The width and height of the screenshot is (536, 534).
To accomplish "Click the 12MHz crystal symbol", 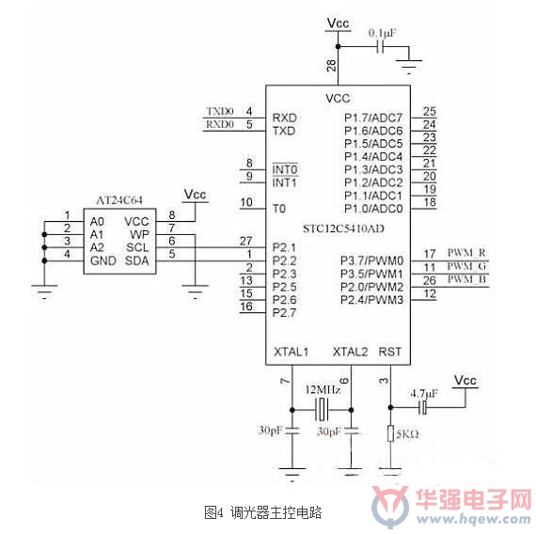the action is point(322,410).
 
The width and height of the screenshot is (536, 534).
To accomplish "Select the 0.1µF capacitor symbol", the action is point(380,46).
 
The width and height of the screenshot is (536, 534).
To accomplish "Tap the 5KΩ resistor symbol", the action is point(391,433).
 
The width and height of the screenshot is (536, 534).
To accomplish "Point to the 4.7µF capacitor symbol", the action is point(423,407).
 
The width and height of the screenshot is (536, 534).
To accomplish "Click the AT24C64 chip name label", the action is point(119,200).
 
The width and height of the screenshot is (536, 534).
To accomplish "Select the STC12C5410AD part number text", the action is point(343,228).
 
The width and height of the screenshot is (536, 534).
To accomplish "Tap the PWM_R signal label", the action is point(466,253).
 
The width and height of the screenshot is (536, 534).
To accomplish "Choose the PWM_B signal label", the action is point(466,279).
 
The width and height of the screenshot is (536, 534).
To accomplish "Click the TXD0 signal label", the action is point(220,112).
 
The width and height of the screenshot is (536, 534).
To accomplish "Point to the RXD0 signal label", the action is point(220,124).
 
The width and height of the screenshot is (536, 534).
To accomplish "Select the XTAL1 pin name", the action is point(291,352).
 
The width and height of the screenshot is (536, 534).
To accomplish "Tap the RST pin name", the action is point(390,352).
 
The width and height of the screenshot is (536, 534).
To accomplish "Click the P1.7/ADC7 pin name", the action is point(373,118).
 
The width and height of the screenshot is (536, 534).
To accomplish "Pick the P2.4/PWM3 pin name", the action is point(372,300).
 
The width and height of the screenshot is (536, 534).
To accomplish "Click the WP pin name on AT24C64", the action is point(139,234).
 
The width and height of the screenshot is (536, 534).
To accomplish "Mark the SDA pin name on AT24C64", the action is point(136,260).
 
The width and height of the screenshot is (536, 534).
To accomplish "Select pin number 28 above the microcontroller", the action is point(331,65).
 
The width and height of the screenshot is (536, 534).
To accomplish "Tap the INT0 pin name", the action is point(285,169).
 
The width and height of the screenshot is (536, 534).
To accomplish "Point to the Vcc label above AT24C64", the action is point(196,195).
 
